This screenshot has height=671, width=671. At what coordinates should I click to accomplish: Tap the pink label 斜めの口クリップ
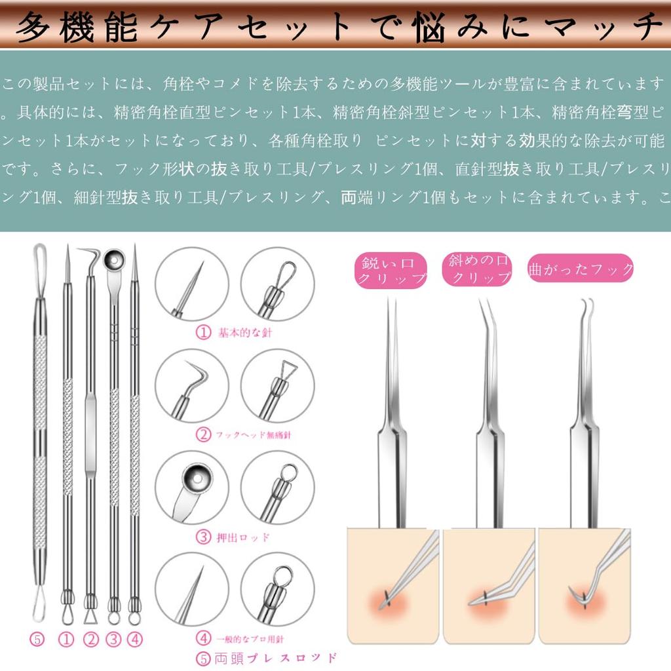tap(476, 269)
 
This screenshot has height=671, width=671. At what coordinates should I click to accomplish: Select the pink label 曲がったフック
tap(581, 269)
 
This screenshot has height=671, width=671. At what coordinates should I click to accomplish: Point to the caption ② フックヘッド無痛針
tap(240, 434)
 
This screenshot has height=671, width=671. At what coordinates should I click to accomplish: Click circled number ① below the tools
tap(66, 639)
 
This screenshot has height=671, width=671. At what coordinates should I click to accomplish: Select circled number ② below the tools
tap(90, 639)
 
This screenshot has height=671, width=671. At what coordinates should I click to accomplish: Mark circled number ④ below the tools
tap(135, 639)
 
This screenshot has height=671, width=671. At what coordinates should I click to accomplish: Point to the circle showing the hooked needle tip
tap(192, 385)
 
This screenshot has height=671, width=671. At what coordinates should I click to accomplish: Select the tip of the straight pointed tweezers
tap(390, 300)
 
